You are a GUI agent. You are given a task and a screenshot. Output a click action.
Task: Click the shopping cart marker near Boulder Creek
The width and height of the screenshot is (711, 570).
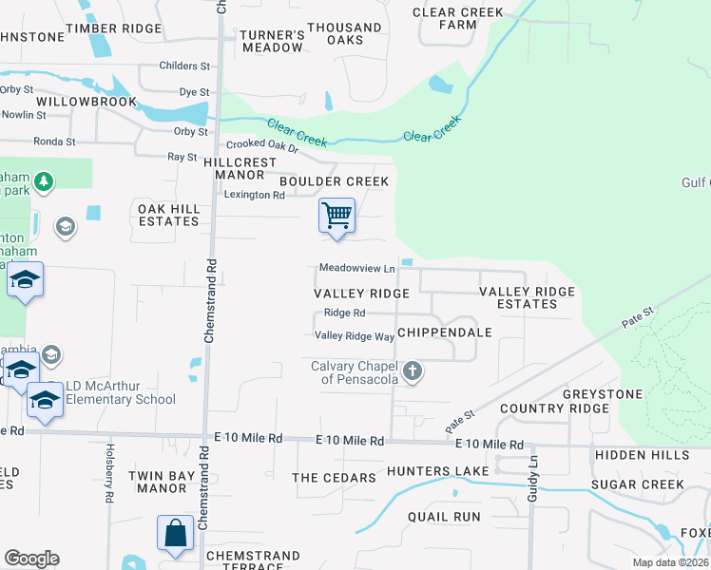point(336,217)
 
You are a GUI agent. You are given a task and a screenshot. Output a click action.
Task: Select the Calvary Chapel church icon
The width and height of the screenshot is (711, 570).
point(412,370)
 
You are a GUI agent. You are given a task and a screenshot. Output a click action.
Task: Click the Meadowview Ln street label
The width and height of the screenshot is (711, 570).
point(356,269)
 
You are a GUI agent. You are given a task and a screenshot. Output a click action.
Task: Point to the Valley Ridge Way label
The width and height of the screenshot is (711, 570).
point(355,336)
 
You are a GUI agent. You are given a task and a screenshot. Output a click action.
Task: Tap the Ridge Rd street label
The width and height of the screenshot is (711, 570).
point(344,313)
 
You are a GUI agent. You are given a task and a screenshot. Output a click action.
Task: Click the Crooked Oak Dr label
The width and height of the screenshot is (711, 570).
point(261,145)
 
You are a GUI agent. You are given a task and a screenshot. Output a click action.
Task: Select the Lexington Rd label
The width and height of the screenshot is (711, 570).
point(254,195)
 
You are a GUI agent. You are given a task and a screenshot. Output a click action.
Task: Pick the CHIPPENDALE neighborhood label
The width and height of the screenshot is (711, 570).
point(444,332)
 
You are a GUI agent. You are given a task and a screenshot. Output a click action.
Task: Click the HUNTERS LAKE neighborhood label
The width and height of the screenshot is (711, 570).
point(438,471)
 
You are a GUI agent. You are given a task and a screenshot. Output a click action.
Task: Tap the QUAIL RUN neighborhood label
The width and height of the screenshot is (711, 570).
point(444,517)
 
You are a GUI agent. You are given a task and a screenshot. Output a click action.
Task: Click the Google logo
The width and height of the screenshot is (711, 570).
point(31,559)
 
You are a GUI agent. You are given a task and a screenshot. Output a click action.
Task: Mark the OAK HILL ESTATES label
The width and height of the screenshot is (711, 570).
point(168,215)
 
